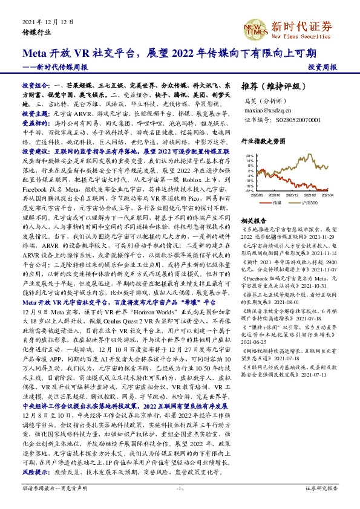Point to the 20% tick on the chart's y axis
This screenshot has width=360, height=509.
pyautogui.click(x=249, y=155)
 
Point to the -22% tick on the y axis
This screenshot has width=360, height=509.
pyautogui.click(x=249, y=190)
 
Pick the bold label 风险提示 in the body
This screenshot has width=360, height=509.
pyautogui.click(x=34, y=470)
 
